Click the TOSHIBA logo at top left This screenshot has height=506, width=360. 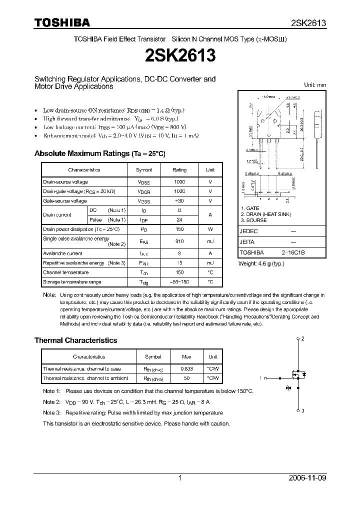(62, 22)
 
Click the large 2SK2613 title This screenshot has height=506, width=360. (179, 55)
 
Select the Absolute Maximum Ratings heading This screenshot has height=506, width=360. (99, 153)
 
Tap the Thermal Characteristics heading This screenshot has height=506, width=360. (75, 340)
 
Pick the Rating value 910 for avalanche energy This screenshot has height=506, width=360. (179, 241)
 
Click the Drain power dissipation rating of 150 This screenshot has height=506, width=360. (179, 229)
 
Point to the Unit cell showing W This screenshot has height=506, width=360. (210, 229)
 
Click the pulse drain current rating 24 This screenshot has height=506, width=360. (179, 220)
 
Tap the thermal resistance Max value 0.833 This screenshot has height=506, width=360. (186, 369)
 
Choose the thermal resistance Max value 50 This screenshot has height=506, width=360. (186, 378)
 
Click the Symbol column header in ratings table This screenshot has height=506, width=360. (144, 170)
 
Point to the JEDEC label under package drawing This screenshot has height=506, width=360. (248, 231)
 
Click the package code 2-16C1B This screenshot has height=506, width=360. (293, 253)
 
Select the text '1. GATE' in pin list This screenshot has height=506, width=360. (250, 208)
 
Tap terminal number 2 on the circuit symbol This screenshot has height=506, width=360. (302, 338)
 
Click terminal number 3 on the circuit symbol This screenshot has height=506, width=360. (302, 410)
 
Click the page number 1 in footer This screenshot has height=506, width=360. (180, 478)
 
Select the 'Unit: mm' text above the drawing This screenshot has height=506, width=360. (315, 85)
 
